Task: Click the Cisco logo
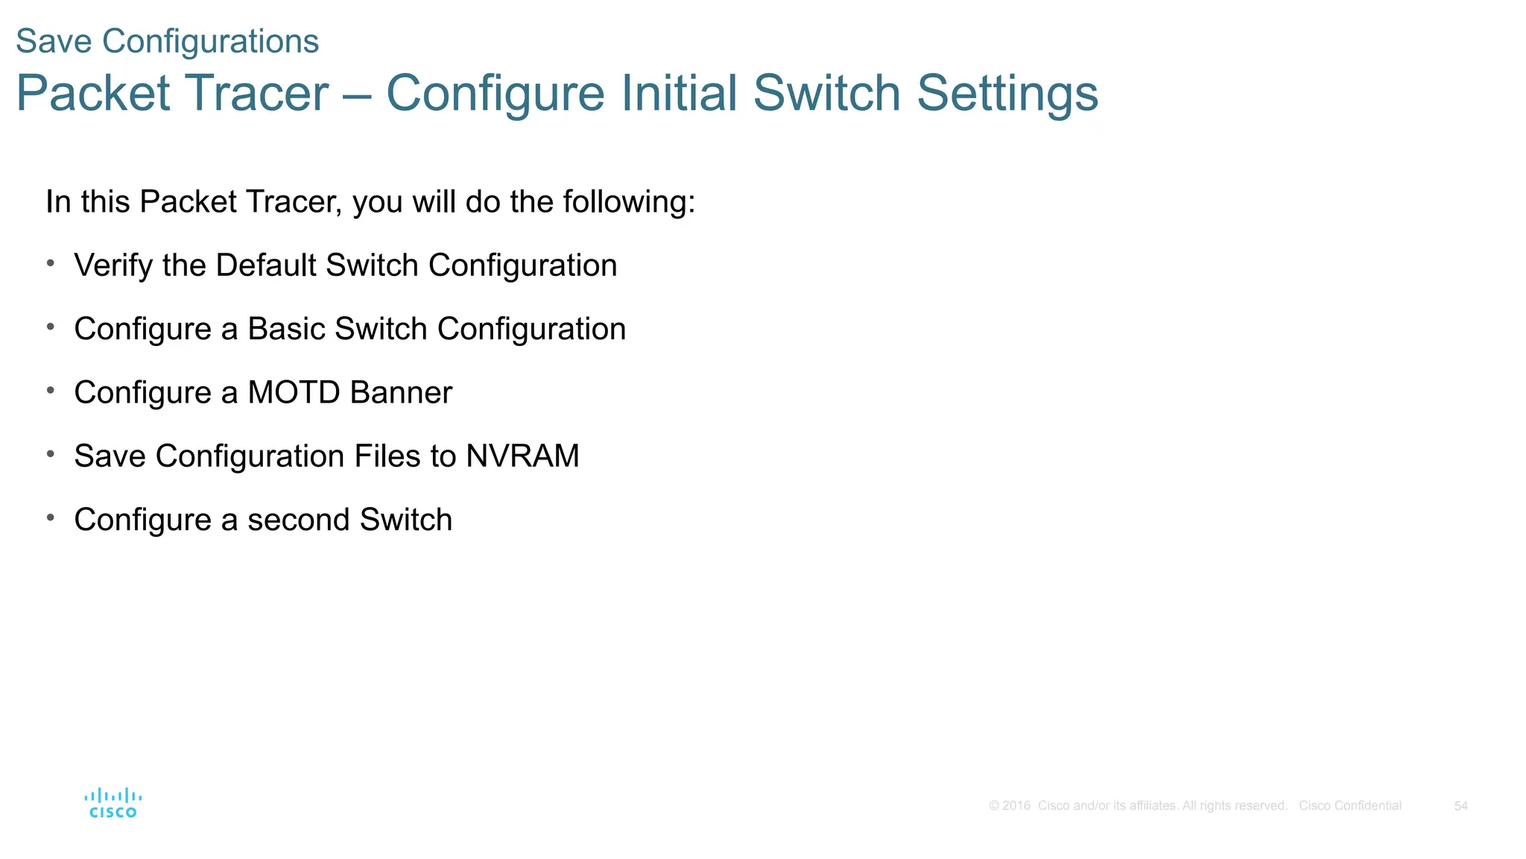pyautogui.click(x=113, y=803)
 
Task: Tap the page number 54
pyautogui.click(x=1460, y=806)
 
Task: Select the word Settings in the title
pyautogui.click(x=1007, y=93)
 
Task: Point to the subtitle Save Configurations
pyautogui.click(x=167, y=41)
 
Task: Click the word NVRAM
pyautogui.click(x=522, y=456)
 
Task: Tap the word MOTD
pyautogui.click(x=294, y=393)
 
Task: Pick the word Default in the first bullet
pyautogui.click(x=266, y=266)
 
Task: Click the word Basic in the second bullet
pyautogui.click(x=286, y=330)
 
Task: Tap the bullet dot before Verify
pyautogui.click(x=51, y=263)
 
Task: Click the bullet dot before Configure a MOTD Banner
pyautogui.click(x=51, y=390)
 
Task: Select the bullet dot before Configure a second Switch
pyautogui.click(x=51, y=517)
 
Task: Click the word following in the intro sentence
pyautogui.click(x=628, y=203)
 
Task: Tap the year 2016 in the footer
pyautogui.click(x=1016, y=806)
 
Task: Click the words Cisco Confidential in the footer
pyautogui.click(x=1349, y=806)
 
